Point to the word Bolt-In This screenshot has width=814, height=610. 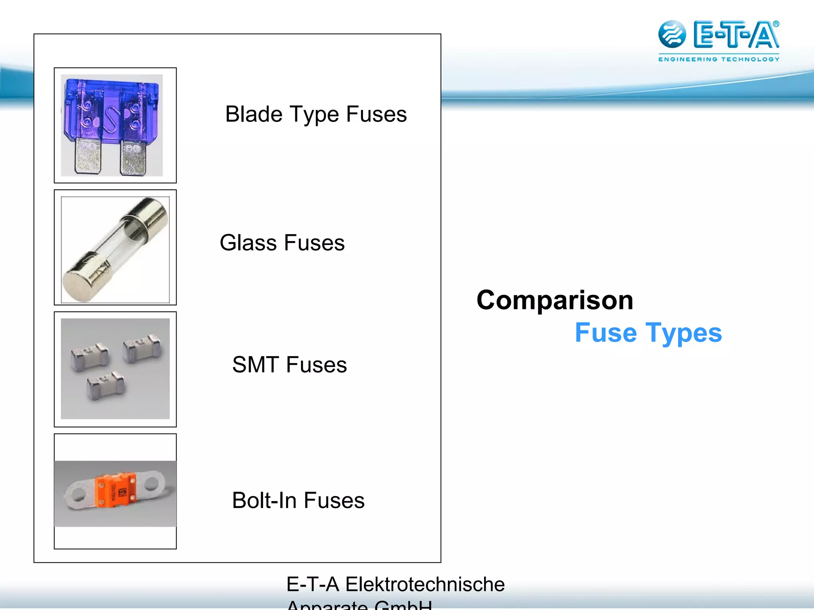264,500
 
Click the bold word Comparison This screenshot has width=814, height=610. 555,300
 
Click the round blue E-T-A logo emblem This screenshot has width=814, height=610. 672,34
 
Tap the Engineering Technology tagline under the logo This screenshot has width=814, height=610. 719,60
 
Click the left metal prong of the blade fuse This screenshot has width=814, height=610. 88,156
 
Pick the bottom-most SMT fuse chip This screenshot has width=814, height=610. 106,386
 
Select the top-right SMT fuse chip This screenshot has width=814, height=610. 142,348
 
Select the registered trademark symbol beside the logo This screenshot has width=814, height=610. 776,24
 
